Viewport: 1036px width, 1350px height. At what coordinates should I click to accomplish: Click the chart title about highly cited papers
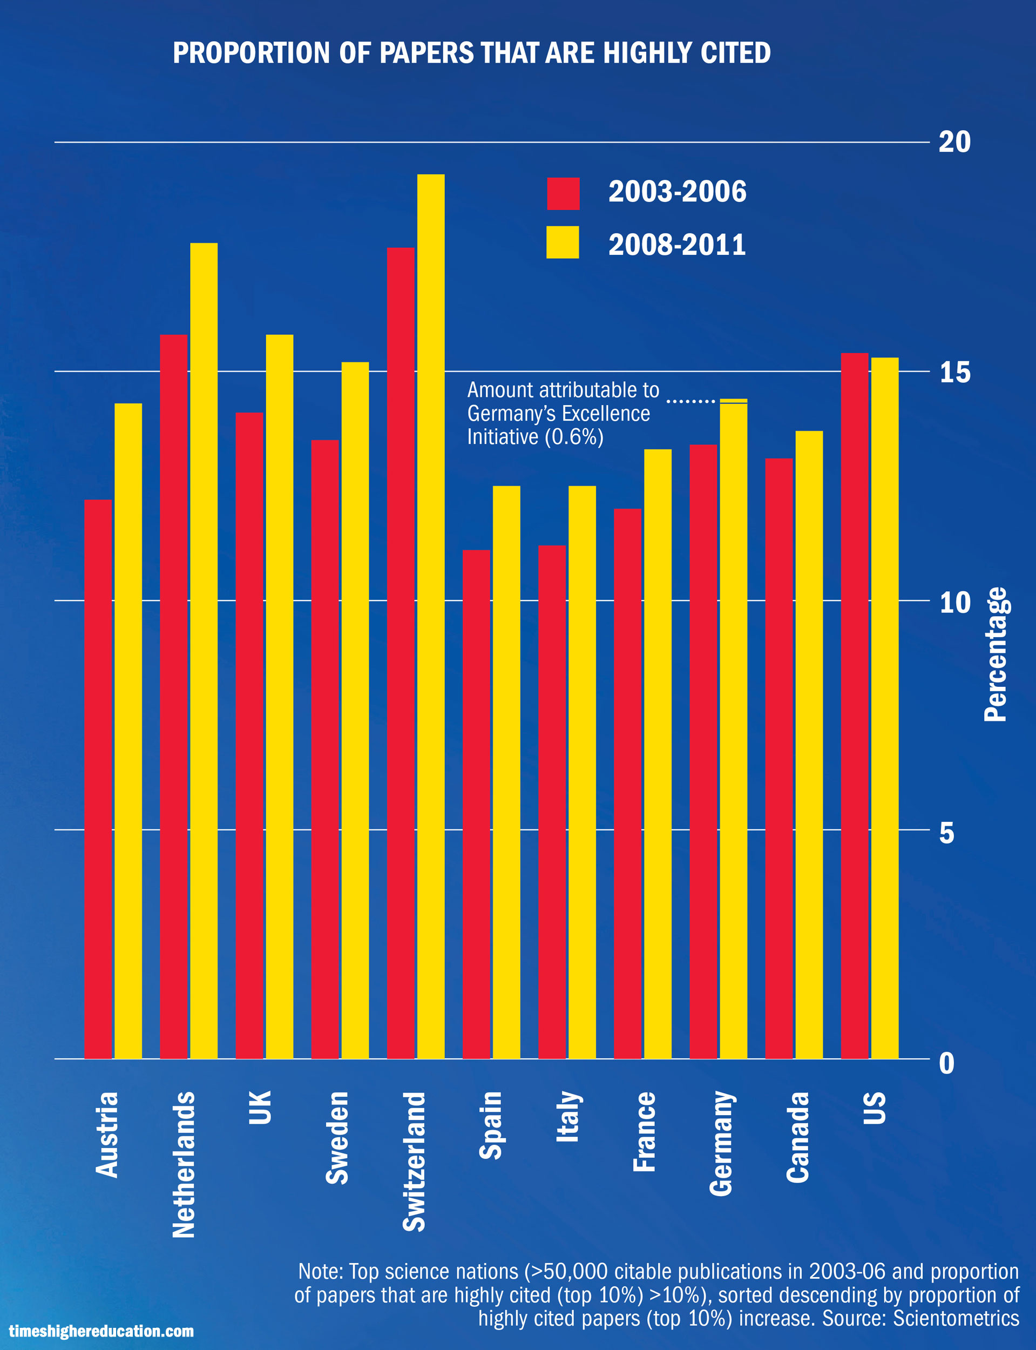(472, 53)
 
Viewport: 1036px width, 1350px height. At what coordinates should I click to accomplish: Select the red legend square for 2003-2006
(563, 194)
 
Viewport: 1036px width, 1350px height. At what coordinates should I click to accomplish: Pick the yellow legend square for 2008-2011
(563, 242)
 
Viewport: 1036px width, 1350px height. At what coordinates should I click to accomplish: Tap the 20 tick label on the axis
(954, 142)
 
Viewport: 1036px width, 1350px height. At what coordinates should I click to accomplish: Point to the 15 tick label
(954, 373)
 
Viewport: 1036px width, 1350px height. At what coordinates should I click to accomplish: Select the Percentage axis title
(994, 654)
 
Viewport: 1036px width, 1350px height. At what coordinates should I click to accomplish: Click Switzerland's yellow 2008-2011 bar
(430, 617)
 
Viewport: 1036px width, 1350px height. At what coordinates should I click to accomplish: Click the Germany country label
(721, 1144)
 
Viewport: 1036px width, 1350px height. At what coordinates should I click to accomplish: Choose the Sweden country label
(337, 1138)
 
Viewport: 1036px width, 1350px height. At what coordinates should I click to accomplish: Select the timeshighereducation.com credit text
(101, 1331)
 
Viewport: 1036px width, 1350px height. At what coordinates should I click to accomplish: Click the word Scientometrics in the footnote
(956, 1318)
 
